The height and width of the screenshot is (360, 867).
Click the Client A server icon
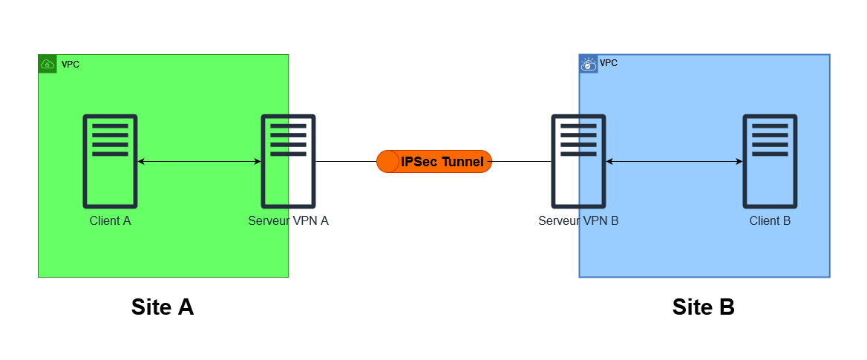(x=110, y=161)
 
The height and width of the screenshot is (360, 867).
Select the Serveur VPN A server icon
(x=288, y=161)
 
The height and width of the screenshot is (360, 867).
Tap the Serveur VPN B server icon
(x=578, y=161)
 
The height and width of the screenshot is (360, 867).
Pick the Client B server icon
(x=771, y=161)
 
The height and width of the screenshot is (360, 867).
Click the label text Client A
(x=110, y=220)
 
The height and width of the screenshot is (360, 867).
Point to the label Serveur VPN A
(x=288, y=220)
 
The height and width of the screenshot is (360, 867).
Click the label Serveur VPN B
(x=578, y=220)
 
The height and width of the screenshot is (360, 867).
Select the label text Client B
(x=770, y=220)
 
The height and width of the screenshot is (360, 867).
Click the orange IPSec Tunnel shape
(x=434, y=161)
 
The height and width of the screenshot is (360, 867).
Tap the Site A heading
(x=163, y=307)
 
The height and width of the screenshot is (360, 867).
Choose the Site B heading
(x=703, y=307)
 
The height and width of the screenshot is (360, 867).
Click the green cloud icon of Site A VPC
(x=48, y=64)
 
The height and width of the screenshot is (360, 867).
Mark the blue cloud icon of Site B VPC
(x=589, y=64)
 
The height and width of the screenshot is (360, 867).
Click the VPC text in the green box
(x=71, y=65)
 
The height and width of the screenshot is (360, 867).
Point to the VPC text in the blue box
(x=608, y=63)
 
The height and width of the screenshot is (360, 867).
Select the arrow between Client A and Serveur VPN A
(x=199, y=161)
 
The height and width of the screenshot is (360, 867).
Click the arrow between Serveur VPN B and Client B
(x=674, y=161)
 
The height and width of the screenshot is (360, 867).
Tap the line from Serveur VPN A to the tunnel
(x=346, y=161)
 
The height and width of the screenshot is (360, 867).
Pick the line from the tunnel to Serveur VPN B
(x=521, y=161)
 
